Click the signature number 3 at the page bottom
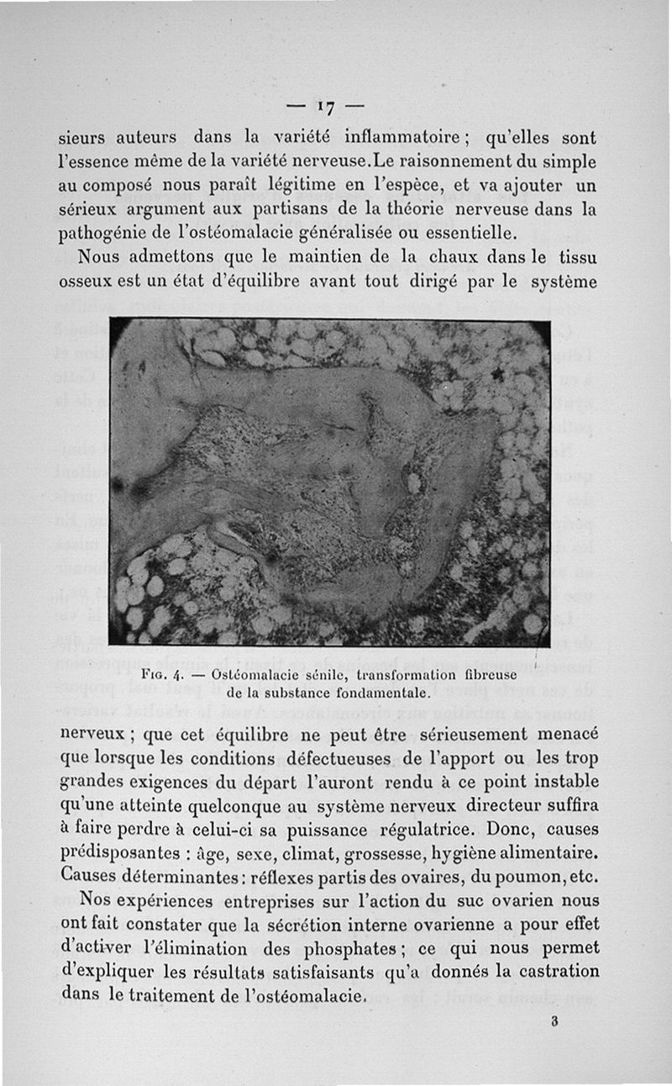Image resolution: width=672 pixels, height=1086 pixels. pos(555,1023)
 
